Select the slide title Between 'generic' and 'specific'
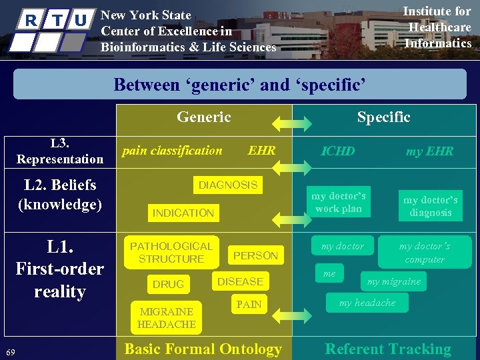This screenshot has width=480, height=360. click(240, 85)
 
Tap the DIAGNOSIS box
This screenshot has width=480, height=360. click(228, 185)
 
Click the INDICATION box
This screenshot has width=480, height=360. click(183, 213)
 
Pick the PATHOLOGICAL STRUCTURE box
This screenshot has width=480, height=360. click(171, 252)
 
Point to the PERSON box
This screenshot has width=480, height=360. click(255, 255)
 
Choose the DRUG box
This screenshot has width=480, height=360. click(168, 284)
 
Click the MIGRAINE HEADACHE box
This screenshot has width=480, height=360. click(167, 317)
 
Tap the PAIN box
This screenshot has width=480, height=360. click(249, 305)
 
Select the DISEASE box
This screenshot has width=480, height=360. click(240, 281)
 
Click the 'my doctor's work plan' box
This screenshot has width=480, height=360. click(338, 202)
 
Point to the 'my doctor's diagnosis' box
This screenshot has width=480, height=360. click(431, 206)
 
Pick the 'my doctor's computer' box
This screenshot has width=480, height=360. click(425, 253)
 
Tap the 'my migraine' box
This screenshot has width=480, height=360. click(394, 281)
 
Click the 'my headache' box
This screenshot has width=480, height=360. click(367, 303)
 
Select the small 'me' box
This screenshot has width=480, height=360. click(329, 273)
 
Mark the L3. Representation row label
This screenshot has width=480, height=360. click(60, 151)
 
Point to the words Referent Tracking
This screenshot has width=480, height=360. click(387, 349)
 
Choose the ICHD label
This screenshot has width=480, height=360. click(338, 151)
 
